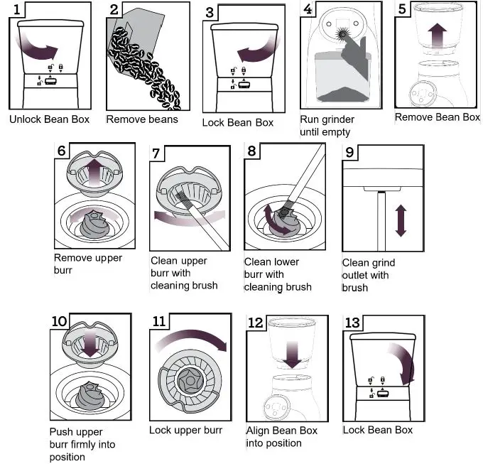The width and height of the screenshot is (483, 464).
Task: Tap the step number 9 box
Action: pos(349,153)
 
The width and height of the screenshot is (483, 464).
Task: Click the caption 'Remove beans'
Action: pos(142,119)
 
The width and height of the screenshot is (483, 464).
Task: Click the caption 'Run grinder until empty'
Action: pos(327,126)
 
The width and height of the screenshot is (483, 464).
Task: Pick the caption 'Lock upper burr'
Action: pos(185,431)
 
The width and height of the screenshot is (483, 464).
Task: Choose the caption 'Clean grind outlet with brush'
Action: pos(368,275)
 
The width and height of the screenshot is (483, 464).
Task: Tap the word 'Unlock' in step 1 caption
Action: pos(26,119)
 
